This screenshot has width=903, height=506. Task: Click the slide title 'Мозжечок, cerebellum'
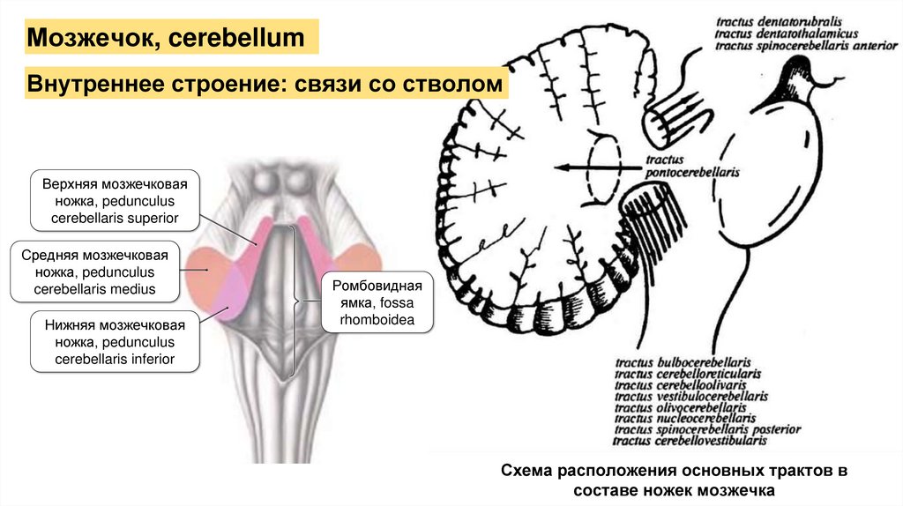[168, 38]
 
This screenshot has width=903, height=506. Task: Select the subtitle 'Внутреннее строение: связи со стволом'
[266, 86]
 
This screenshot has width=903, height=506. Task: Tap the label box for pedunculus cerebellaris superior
[116, 201]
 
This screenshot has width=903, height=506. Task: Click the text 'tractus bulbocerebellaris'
[683, 361]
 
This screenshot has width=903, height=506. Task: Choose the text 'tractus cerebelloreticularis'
[687, 373]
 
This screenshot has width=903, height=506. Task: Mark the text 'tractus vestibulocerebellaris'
[691, 396]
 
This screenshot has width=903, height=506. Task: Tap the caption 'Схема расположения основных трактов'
[673, 472]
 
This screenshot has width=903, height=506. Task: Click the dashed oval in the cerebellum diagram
[603, 167]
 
